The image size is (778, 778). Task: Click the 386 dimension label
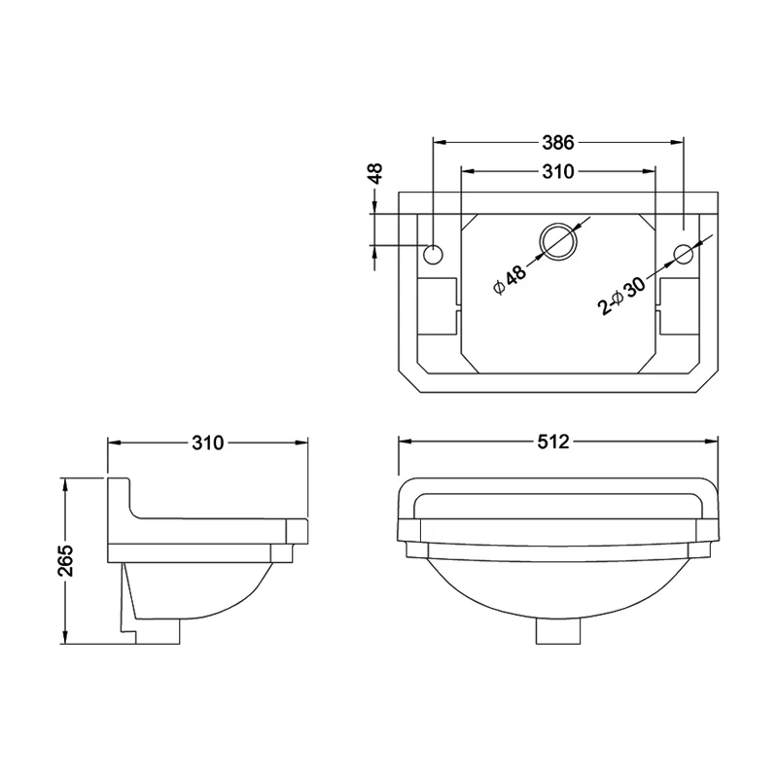(x=557, y=142)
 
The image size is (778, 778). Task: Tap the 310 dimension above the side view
(x=207, y=442)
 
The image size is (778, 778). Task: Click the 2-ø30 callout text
(x=623, y=295)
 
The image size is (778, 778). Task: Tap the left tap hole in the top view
(x=434, y=255)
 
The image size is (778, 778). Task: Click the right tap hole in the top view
(x=683, y=255)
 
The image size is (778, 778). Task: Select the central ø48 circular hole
(x=558, y=240)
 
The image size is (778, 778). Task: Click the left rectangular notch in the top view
(x=439, y=303)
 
